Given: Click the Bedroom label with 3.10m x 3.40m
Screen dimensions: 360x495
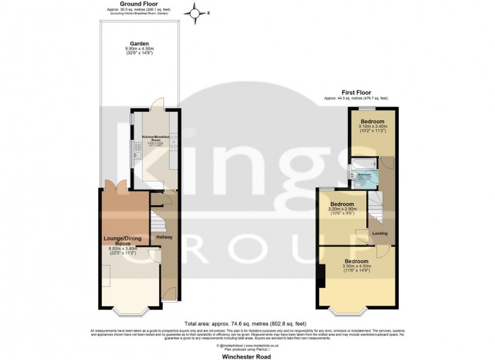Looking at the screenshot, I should click(372, 122).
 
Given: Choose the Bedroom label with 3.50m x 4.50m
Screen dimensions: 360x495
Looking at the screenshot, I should click(357, 261).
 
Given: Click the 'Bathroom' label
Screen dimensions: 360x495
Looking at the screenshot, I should click(365, 173).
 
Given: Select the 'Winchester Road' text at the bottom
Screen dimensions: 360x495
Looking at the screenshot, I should click(246, 355).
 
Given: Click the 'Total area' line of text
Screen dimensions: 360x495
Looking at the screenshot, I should click(246, 323).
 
